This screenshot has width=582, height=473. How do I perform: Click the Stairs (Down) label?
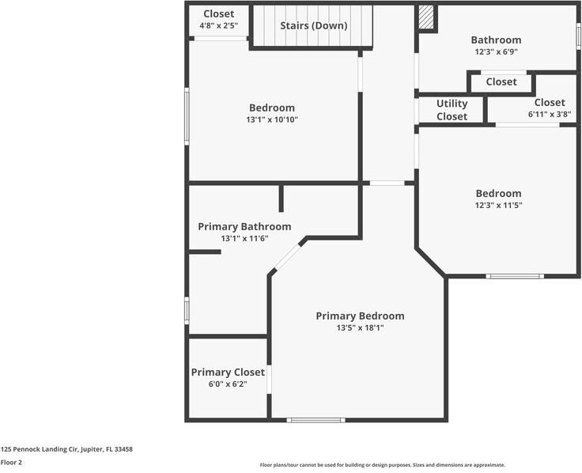pyautogui.click(x=313, y=25)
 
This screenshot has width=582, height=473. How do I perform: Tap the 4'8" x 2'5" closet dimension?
pyautogui.click(x=218, y=26)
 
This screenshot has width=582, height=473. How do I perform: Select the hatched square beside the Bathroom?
pyautogui.click(x=426, y=18)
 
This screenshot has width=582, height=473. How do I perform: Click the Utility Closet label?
pyautogui.click(x=452, y=110)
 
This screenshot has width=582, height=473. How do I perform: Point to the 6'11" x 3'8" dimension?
pyautogui.click(x=549, y=114)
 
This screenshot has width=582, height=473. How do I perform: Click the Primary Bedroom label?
pyautogui.click(x=360, y=316)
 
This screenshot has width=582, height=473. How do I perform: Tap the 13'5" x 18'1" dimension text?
pyautogui.click(x=360, y=327)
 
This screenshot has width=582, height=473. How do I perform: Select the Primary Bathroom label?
pyautogui.click(x=244, y=226)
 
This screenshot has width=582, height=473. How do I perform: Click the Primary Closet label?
pyautogui.click(x=228, y=373)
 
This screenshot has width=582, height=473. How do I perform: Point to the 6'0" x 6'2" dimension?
pyautogui.click(x=228, y=384)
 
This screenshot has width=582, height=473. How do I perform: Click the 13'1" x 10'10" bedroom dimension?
pyautogui.click(x=271, y=119)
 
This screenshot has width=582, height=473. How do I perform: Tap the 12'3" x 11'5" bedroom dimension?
pyautogui.click(x=498, y=205)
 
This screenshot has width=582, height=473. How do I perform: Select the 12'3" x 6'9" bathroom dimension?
pyautogui.click(x=496, y=51)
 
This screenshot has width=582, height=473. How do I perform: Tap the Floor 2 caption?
pyautogui.click(x=11, y=463)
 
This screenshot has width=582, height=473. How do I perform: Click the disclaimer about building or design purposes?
pyautogui.click(x=383, y=465)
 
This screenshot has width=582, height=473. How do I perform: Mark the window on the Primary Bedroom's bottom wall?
pyautogui.click(x=316, y=420)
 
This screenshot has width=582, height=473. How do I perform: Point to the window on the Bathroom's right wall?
pyautogui.click(x=578, y=36)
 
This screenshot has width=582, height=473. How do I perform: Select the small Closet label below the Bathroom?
pyautogui.click(x=501, y=81)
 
